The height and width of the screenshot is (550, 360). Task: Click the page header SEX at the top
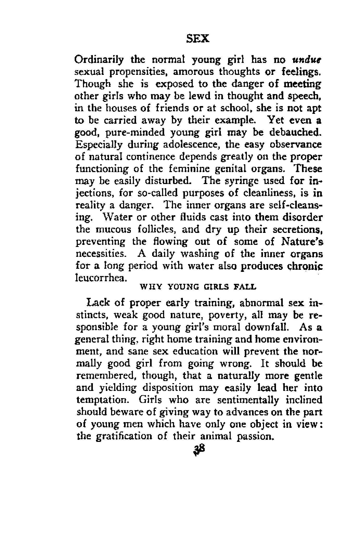(198, 39)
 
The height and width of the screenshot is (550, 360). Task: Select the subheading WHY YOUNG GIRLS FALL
(198, 287)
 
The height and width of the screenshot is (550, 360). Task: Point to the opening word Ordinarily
(99, 61)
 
